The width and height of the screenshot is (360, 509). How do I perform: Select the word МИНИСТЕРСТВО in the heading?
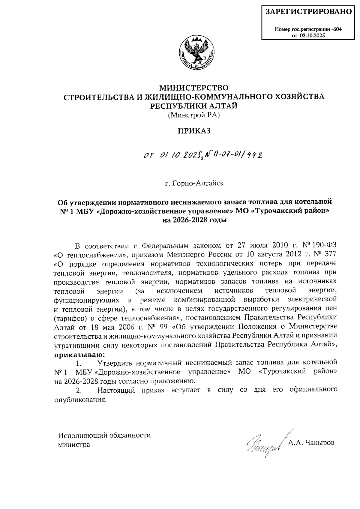193,88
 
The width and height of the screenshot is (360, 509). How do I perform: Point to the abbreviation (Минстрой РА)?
193,115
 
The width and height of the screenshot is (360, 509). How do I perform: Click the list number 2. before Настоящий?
79,391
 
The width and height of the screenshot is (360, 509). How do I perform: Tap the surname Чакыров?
319,443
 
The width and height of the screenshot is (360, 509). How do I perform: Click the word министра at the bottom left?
74,445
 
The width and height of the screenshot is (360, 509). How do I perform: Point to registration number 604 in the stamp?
337,29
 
